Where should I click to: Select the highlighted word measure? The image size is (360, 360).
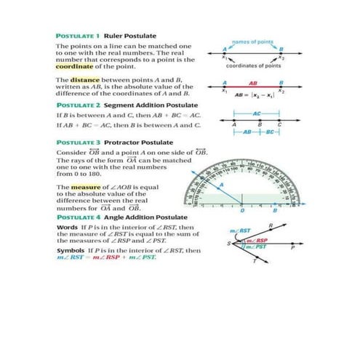point(86,187)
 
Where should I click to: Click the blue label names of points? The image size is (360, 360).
point(252,41)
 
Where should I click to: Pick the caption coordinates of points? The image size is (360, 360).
point(252,65)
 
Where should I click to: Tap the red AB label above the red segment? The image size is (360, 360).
point(252,82)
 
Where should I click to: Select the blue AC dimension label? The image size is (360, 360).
point(256,114)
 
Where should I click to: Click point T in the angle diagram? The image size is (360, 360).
point(255,269)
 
